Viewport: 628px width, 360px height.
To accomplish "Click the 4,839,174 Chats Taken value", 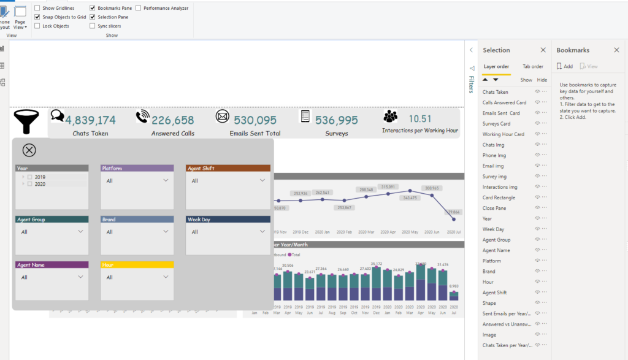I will pyautogui.click(x=90, y=120).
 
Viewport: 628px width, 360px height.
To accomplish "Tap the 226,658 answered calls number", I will pyautogui.click(x=173, y=120).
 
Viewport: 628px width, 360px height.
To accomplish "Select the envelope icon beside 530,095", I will pyautogui.click(x=222, y=117).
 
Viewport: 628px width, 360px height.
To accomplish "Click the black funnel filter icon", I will pyautogui.click(x=26, y=120).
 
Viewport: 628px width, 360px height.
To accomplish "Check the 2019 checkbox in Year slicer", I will pyautogui.click(x=30, y=177).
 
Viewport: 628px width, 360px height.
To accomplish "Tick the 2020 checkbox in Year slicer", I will pyautogui.click(x=30, y=184).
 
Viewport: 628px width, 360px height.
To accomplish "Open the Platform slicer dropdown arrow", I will pyautogui.click(x=166, y=180).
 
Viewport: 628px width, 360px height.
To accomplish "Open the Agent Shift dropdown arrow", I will pyautogui.click(x=262, y=180).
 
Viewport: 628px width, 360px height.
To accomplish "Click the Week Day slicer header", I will pyautogui.click(x=228, y=219).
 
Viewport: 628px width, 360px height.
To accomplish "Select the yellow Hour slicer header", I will pyautogui.click(x=137, y=265).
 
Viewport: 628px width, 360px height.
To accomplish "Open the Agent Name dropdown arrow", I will pyautogui.click(x=81, y=277).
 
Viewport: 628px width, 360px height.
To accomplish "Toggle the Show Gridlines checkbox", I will pyautogui.click(x=37, y=8).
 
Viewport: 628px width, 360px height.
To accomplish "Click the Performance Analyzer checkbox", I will pyautogui.click(x=138, y=8).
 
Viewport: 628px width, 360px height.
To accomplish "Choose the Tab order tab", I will pyautogui.click(x=532, y=66).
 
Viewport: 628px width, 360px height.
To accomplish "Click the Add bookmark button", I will pyautogui.click(x=565, y=66).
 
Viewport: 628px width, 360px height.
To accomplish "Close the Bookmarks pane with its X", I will pyautogui.click(x=616, y=50).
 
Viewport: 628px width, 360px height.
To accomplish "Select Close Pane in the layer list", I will pyautogui.click(x=495, y=208).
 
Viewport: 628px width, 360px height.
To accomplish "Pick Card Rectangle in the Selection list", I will pyautogui.click(x=499, y=197).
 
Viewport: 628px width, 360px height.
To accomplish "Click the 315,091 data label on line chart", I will pyautogui.click(x=388, y=186).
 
